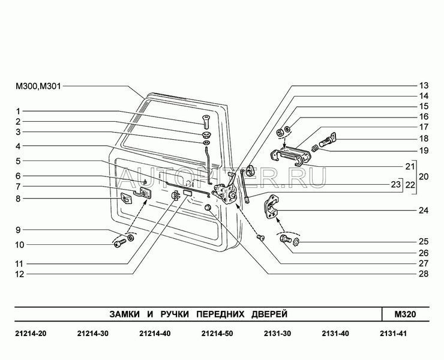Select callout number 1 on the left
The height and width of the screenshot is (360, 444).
[x=18, y=111]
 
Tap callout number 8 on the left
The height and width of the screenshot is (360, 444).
[x=18, y=198]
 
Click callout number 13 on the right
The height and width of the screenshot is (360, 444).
[x=424, y=85]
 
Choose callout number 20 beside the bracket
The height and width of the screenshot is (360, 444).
[x=424, y=178]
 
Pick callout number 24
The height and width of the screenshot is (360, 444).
[x=424, y=211]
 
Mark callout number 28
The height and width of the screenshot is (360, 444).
[x=424, y=274]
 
